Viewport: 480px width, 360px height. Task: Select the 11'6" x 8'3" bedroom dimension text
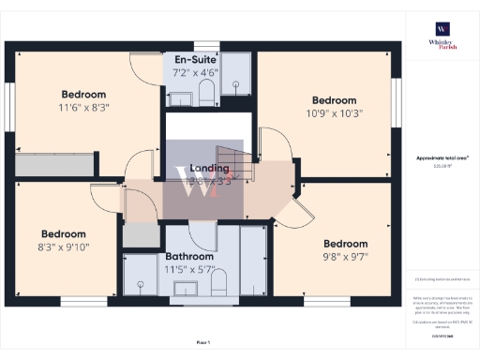[x=83, y=108]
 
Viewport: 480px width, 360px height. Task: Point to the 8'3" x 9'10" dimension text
[x=63, y=247]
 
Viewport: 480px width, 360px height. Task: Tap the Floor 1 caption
[x=203, y=342]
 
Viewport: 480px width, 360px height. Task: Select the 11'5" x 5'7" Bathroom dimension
[x=190, y=269]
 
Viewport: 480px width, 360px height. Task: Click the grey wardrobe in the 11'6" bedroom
[x=54, y=165]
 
